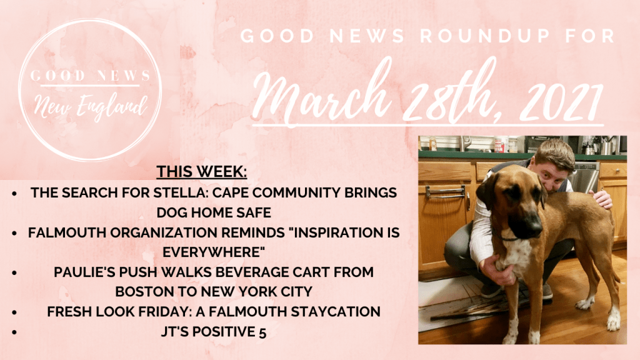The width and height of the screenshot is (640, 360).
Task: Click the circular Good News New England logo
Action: tap(91, 90)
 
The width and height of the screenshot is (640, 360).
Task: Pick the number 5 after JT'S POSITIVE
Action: tap(262, 332)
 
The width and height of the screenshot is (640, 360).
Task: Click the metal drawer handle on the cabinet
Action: tap(445, 191)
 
